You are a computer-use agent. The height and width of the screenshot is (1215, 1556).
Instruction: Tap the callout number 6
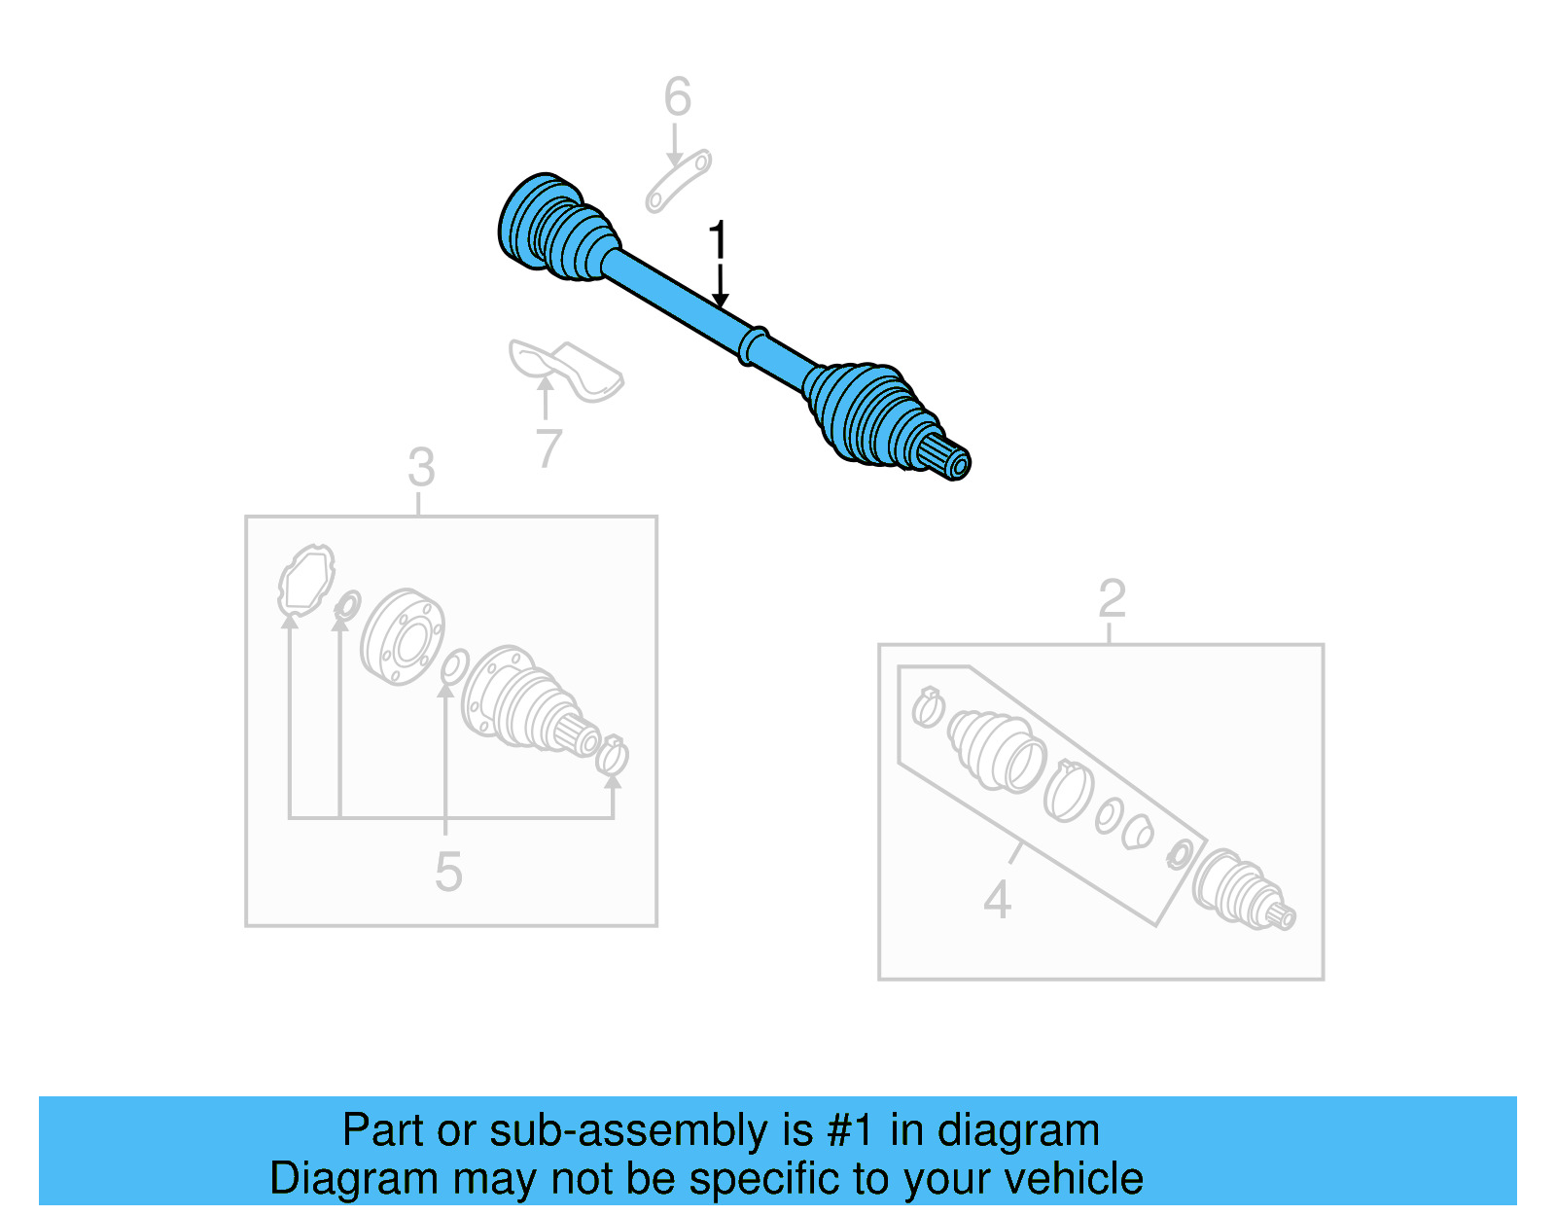(677, 97)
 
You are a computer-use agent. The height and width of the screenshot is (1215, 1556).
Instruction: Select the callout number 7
(549, 449)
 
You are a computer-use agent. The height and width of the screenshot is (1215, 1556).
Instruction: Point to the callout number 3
(421, 469)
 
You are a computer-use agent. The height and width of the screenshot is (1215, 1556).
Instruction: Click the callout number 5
(448, 872)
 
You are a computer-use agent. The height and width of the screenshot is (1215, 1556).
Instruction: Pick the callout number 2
(1112, 598)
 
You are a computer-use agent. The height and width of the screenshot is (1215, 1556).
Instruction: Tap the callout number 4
(997, 900)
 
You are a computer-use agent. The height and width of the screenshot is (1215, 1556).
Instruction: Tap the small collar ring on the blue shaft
(754, 345)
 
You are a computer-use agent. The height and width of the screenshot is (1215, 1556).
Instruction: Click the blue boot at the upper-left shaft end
(554, 231)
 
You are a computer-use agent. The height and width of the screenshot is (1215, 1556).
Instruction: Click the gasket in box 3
(305, 581)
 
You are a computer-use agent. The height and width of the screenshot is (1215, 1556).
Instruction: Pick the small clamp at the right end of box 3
(613, 756)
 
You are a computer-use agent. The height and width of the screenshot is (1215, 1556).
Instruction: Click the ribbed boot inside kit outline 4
(994, 748)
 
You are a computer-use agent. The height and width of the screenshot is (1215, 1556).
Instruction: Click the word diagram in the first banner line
(1017, 1130)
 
